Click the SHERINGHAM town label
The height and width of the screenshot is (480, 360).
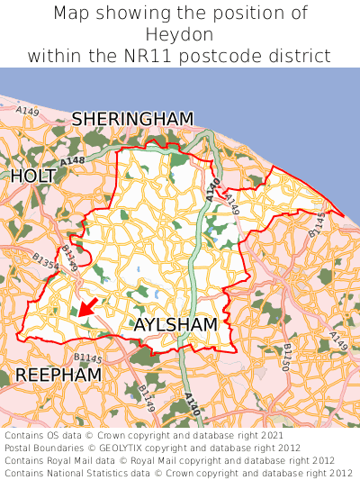(x=132, y=119)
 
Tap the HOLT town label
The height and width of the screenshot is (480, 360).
(x=32, y=177)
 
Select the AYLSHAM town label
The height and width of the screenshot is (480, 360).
(x=175, y=324)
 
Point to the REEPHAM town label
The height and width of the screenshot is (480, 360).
(x=58, y=375)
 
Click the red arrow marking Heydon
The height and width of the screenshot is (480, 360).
(x=87, y=307)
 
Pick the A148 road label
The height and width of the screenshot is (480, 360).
(x=73, y=160)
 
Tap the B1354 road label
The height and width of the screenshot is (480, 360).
(x=45, y=261)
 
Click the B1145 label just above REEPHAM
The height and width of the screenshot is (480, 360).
(x=88, y=358)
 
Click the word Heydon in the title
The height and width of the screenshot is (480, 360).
(x=180, y=34)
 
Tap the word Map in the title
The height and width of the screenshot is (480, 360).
(x=73, y=14)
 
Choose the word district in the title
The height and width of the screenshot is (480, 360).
(x=304, y=56)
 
